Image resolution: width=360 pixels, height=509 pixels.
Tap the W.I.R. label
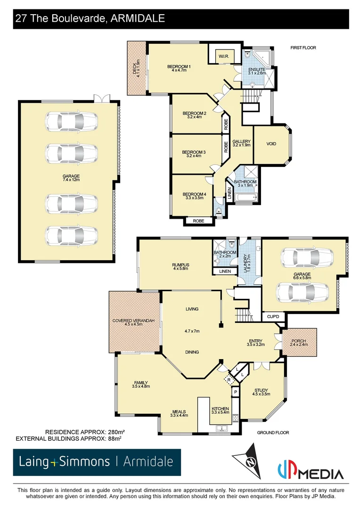click(223, 57)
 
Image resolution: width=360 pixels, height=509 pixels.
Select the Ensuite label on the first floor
click(257, 71)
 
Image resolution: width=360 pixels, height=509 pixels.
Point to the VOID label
click(271, 144)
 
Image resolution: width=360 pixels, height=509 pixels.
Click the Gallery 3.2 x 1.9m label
click(241, 143)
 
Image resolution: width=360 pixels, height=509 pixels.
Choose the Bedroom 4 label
click(194, 196)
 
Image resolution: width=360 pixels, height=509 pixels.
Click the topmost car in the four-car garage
click(72, 122)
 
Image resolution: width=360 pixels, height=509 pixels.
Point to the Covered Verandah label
click(133, 322)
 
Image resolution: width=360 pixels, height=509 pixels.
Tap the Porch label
click(299, 343)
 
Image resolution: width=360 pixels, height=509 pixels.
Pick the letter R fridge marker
click(229, 379)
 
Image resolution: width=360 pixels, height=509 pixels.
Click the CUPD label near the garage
click(273, 317)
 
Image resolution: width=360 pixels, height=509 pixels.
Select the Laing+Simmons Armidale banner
click(97, 462)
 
